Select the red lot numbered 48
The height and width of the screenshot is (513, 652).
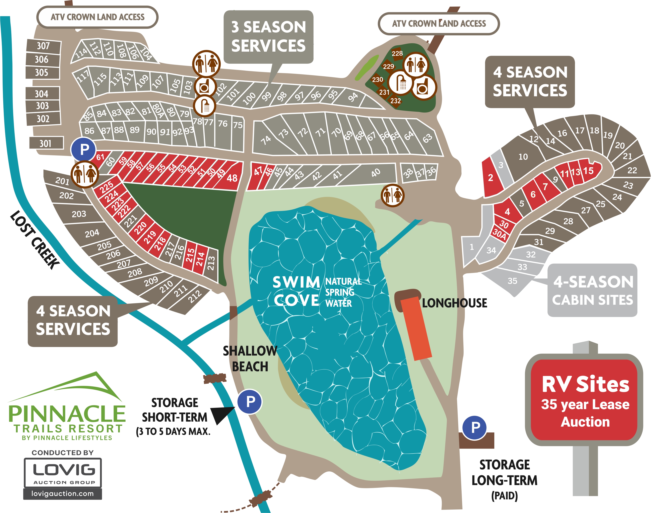coord(232,178)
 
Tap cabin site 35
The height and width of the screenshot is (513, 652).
coord(512,281)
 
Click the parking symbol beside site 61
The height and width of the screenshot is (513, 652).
coord(84,149)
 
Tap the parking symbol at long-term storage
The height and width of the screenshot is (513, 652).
coord(474,427)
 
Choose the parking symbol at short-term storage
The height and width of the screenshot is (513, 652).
coord(250,401)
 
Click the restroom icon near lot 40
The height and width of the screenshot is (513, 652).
coord(393,196)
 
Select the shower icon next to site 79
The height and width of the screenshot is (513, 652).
coord(205,106)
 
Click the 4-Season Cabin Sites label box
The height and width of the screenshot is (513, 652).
coord(592,290)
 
